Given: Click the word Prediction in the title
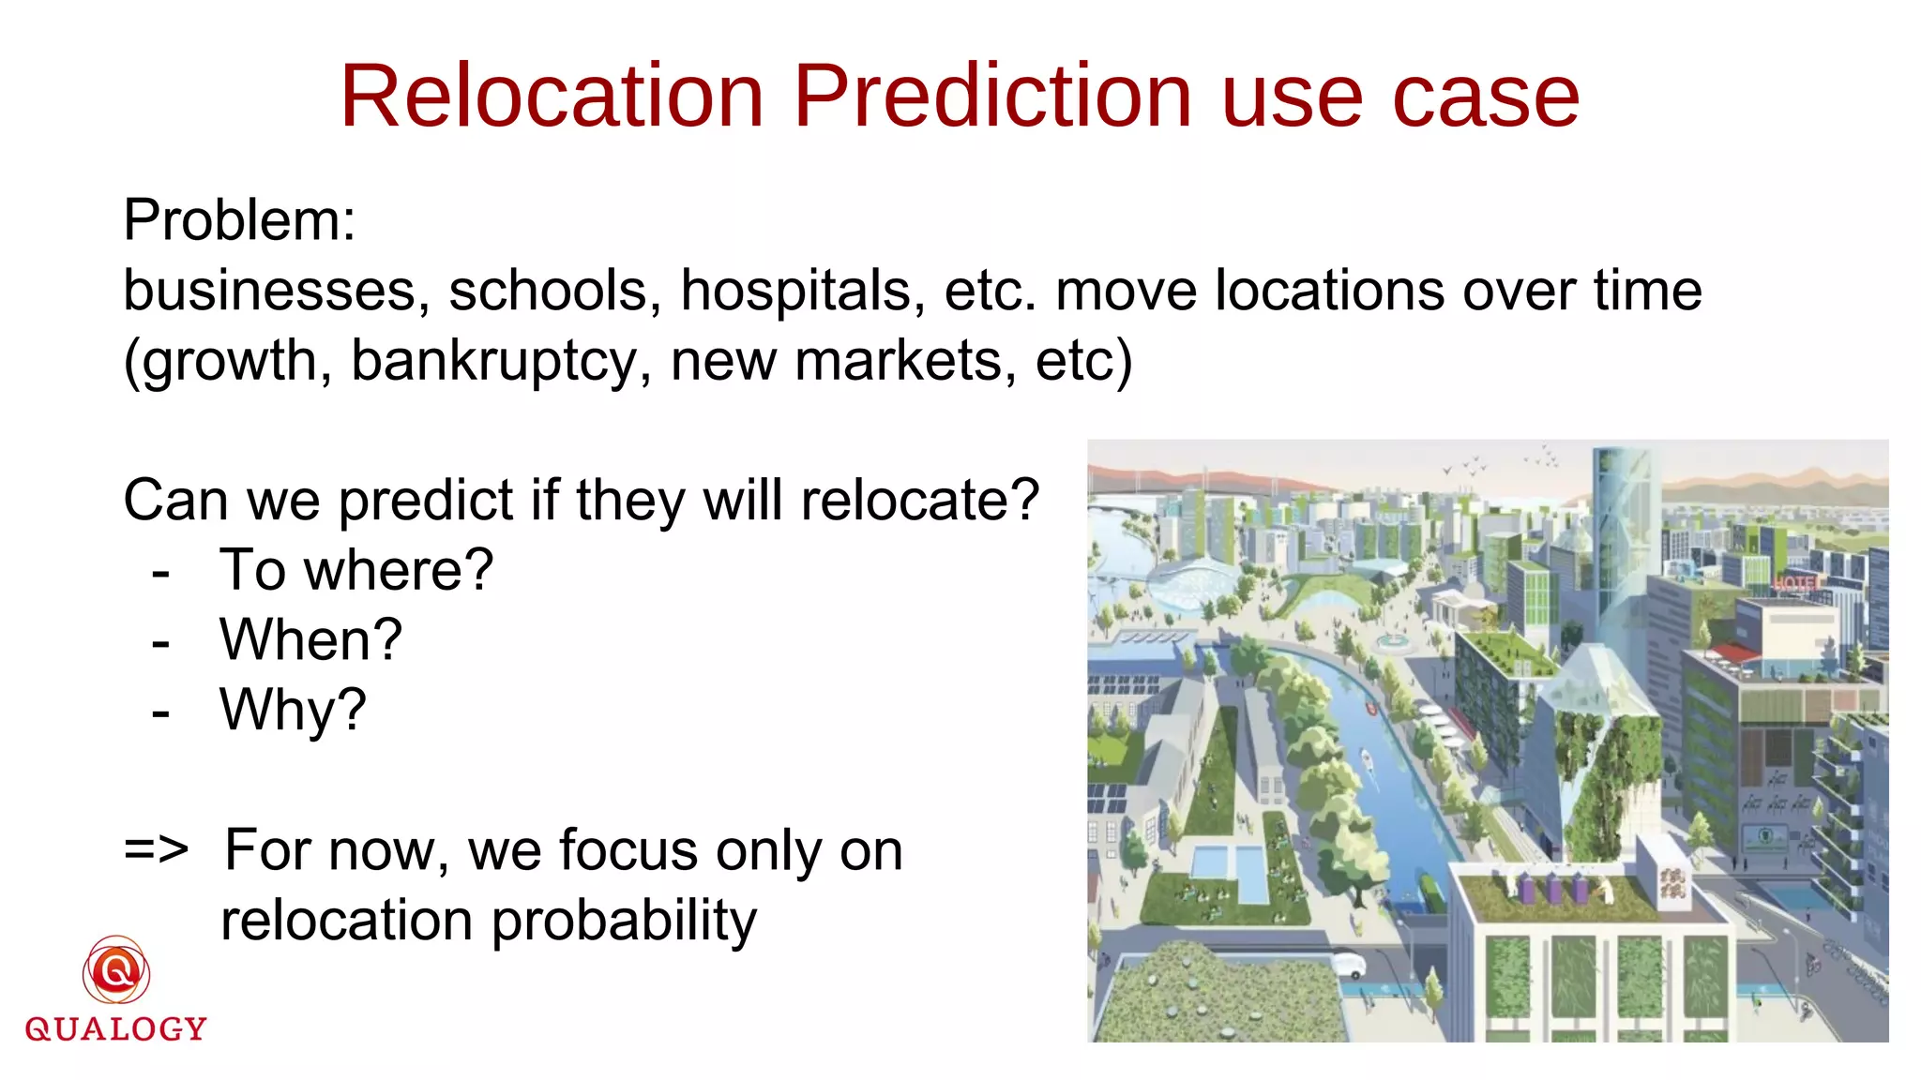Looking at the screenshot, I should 992,97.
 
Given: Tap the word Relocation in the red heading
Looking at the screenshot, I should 552,97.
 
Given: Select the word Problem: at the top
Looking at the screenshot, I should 239,220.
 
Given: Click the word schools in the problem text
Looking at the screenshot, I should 548,290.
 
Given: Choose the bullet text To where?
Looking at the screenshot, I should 355,570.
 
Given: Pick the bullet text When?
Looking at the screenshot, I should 310,640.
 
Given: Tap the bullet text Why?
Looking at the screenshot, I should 293,711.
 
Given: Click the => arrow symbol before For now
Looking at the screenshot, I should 156,850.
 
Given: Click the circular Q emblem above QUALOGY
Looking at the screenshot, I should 116,970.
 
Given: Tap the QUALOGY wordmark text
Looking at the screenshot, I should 116,1029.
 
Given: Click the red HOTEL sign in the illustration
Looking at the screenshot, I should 1793,583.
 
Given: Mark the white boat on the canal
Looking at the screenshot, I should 1367,759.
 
